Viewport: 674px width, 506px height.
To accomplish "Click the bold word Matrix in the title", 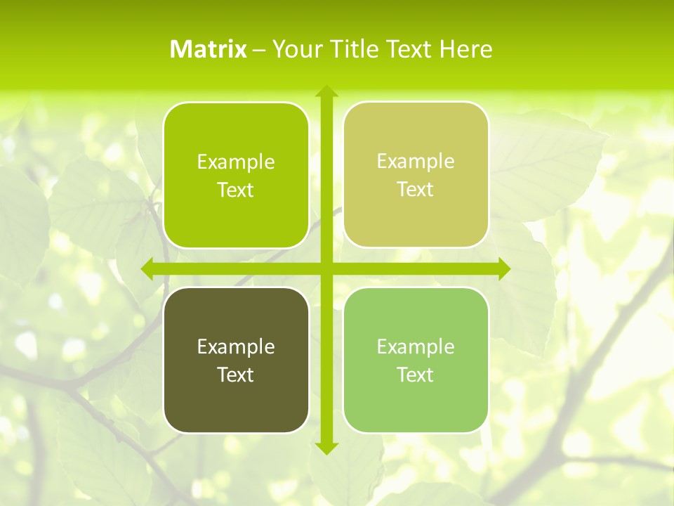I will [209, 49].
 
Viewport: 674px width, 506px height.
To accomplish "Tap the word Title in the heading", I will [352, 49].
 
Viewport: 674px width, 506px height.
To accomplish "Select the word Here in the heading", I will [465, 49].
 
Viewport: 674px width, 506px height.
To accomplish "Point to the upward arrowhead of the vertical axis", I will [326, 91].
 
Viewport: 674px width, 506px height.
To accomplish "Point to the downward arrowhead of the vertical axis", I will [326, 448].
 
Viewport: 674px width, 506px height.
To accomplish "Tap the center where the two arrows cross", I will [326, 269].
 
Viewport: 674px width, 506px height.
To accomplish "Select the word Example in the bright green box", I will [236, 162].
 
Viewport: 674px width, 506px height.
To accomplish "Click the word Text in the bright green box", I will [236, 190].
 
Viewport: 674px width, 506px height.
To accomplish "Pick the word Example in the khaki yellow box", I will [416, 162].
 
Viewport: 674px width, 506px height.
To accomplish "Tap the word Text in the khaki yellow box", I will [416, 190].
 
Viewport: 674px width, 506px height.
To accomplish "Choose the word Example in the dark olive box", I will [236, 346].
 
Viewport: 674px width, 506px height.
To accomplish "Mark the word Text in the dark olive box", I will [236, 375].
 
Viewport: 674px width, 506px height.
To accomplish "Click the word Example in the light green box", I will [416, 346].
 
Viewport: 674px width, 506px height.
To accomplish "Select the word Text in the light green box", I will [416, 375].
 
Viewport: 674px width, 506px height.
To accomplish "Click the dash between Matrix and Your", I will [259, 49].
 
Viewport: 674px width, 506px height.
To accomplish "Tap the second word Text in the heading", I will [409, 49].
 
